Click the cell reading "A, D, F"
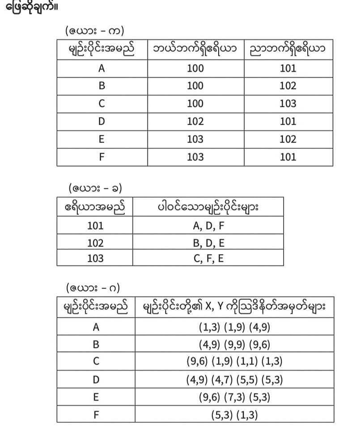pyautogui.click(x=208, y=226)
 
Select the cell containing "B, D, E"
pyautogui.click(x=208, y=243)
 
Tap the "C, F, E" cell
pyautogui.click(x=208, y=258)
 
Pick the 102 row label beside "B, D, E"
pyautogui.click(x=95, y=243)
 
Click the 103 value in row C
pyautogui.click(x=288, y=104)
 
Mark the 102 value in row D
pyautogui.click(x=195, y=122)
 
